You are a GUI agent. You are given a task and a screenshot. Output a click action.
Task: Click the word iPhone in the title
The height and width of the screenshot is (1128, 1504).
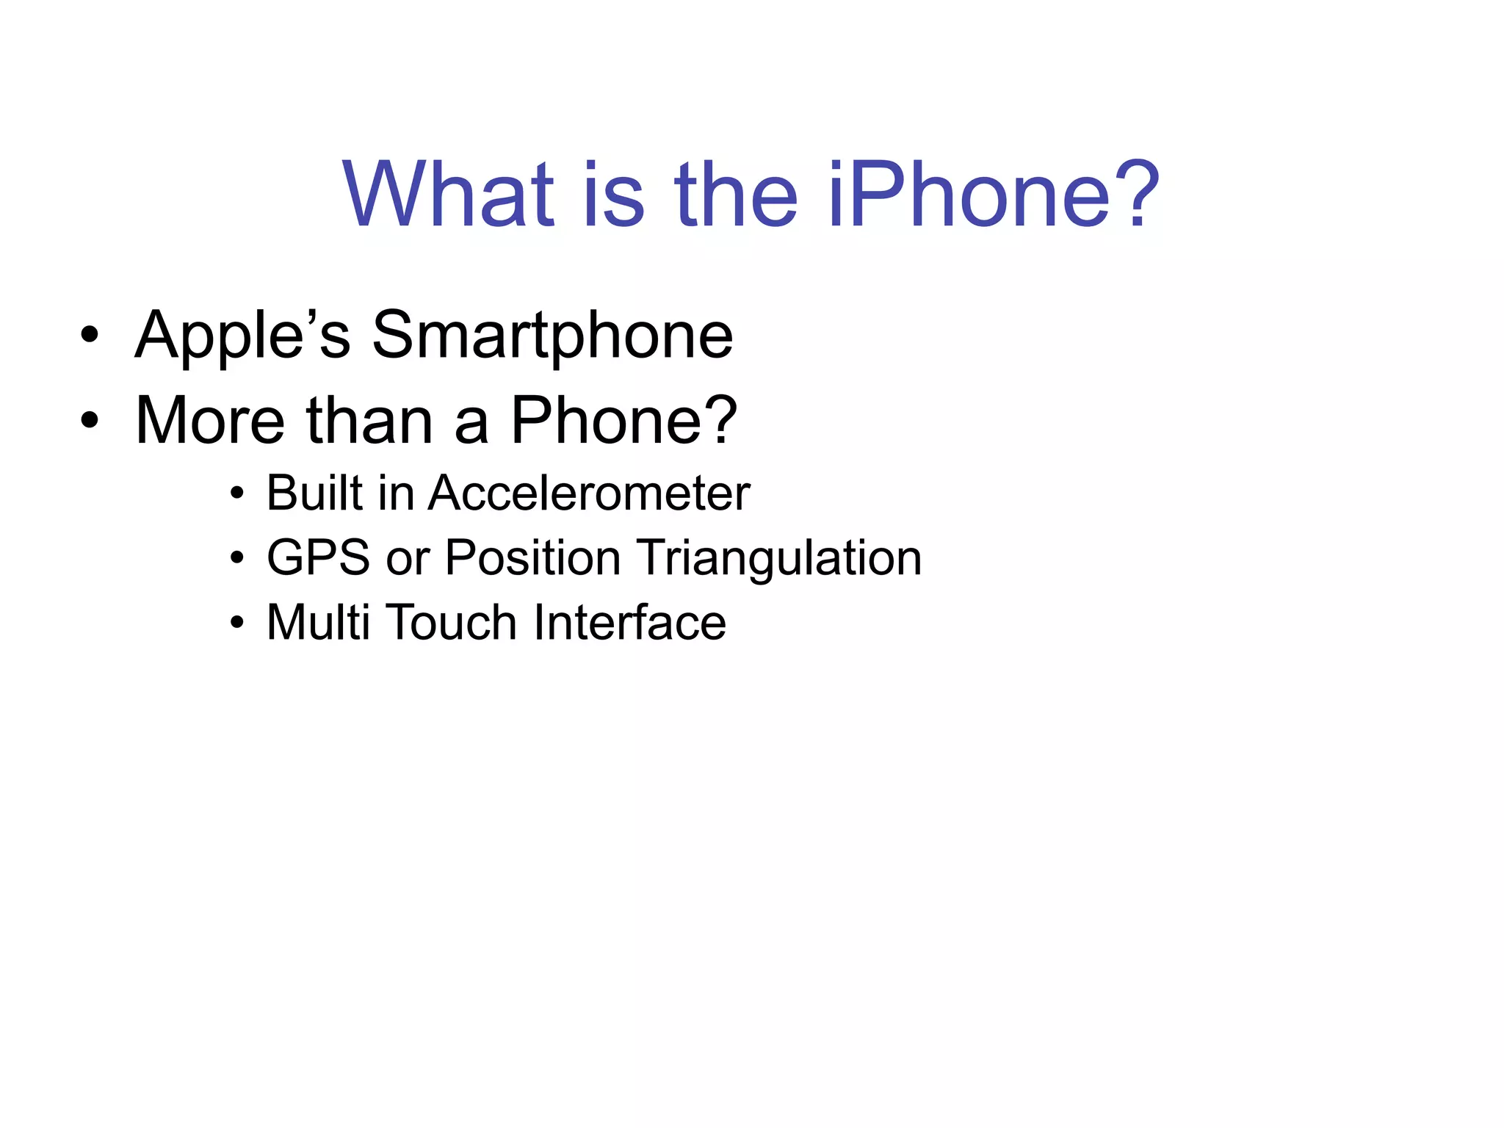pyautogui.click(x=969, y=195)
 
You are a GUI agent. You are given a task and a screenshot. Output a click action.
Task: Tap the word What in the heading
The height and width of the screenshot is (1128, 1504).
pyautogui.click(x=449, y=195)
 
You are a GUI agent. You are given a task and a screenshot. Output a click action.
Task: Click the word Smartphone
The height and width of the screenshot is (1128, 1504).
pyautogui.click(x=552, y=336)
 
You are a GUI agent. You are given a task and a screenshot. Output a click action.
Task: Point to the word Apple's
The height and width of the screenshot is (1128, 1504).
pyautogui.click(x=243, y=336)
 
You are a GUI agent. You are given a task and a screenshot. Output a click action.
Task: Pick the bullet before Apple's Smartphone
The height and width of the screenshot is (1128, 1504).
pyautogui.click(x=90, y=336)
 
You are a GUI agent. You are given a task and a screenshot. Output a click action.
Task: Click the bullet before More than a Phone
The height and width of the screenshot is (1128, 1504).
pyautogui.click(x=90, y=421)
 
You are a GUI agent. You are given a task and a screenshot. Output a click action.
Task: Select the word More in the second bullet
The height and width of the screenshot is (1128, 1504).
pyautogui.click(x=210, y=421)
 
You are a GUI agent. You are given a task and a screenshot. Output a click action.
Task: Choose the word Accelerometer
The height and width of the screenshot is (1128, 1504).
pyautogui.click(x=589, y=493)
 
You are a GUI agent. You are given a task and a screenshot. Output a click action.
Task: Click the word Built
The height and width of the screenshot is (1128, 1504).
pyautogui.click(x=314, y=493)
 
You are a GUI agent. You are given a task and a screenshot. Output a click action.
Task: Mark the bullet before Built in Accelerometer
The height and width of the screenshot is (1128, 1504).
pyautogui.click(x=236, y=493)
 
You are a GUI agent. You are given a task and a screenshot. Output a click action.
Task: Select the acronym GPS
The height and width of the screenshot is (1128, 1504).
pyautogui.click(x=318, y=557)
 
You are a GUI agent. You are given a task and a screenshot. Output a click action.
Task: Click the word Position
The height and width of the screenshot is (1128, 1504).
pyautogui.click(x=533, y=557)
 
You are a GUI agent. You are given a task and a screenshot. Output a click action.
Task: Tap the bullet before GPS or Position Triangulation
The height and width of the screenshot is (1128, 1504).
pyautogui.click(x=236, y=558)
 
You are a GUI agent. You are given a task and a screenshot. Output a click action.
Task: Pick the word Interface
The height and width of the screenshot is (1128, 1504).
pyautogui.click(x=630, y=622)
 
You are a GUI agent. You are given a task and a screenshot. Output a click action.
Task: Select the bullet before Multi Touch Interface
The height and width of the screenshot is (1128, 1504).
pyautogui.click(x=236, y=623)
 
